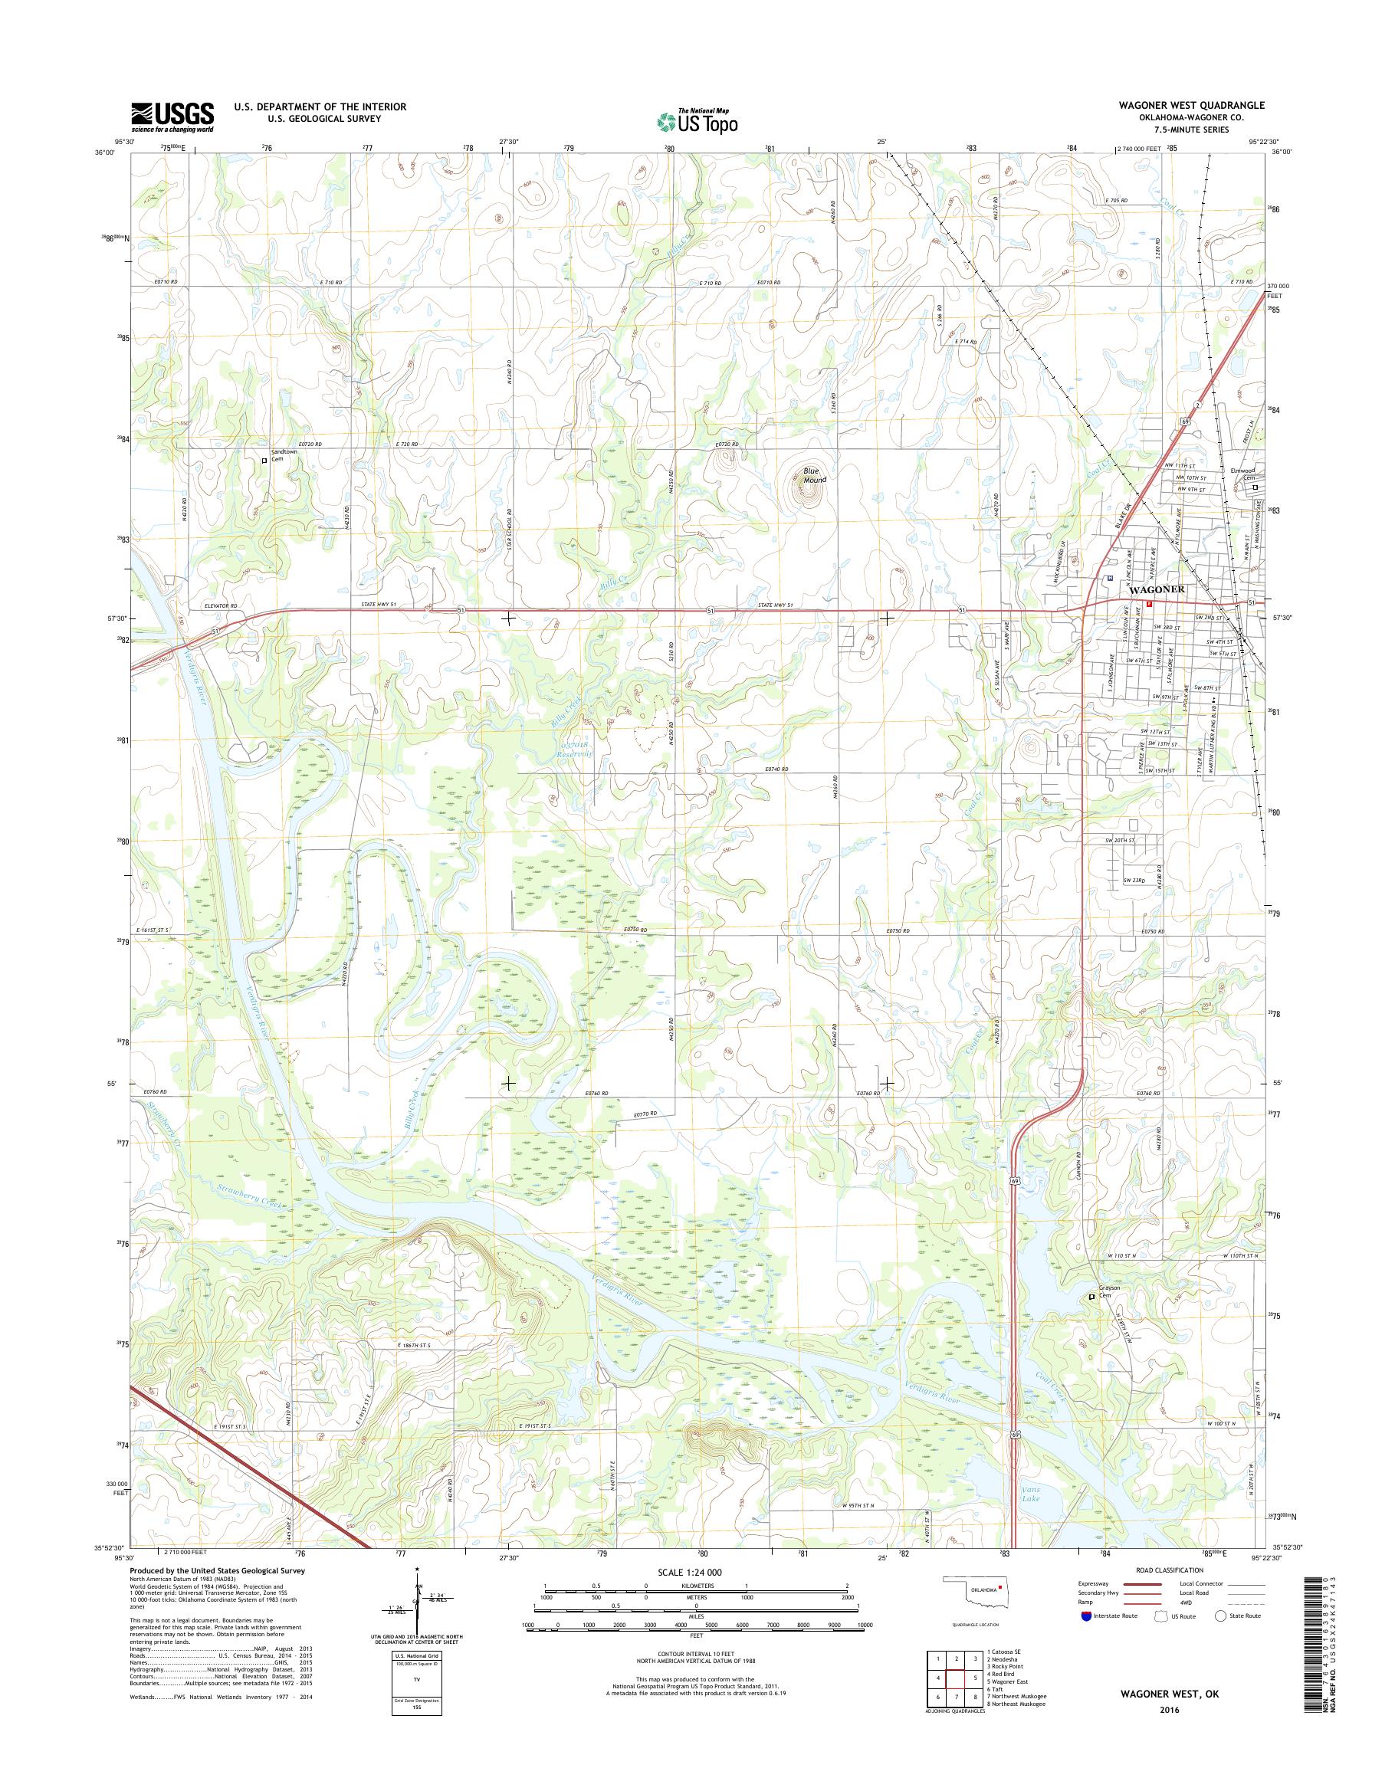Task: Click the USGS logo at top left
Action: pyautogui.click(x=172, y=116)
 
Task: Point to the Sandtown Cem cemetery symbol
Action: pyautogui.click(x=264, y=461)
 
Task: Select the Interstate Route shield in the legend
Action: pyautogui.click(x=1084, y=1639)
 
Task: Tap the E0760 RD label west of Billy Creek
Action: pyautogui.click(x=154, y=1091)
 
